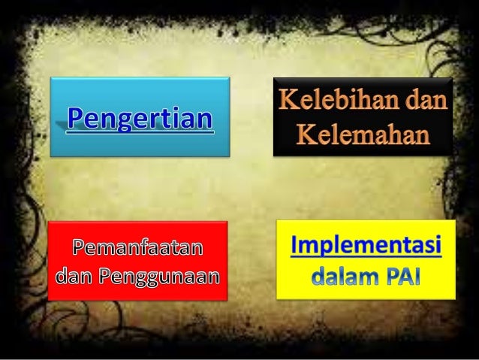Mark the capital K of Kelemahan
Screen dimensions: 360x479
pyautogui.click(x=303, y=136)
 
